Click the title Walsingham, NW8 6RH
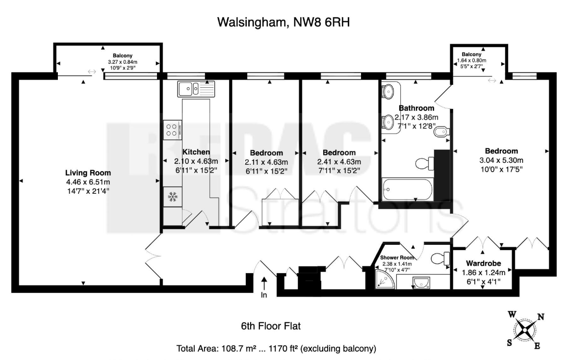click(284, 23)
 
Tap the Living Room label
click(88, 173)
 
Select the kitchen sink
click(196, 89)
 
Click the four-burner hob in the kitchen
click(172, 130)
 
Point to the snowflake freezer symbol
click(173, 197)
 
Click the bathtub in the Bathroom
click(407, 189)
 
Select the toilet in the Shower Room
click(440, 259)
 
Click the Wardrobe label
click(484, 263)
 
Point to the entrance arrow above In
click(264, 283)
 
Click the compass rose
click(524, 330)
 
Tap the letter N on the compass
click(541, 317)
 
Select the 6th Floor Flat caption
click(271, 326)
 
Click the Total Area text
click(276, 348)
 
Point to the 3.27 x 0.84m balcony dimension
click(123, 62)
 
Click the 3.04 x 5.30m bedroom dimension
click(501, 160)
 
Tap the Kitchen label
click(196, 152)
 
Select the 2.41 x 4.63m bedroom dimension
click(339, 161)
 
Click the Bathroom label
click(416, 108)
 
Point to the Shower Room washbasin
click(421, 282)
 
